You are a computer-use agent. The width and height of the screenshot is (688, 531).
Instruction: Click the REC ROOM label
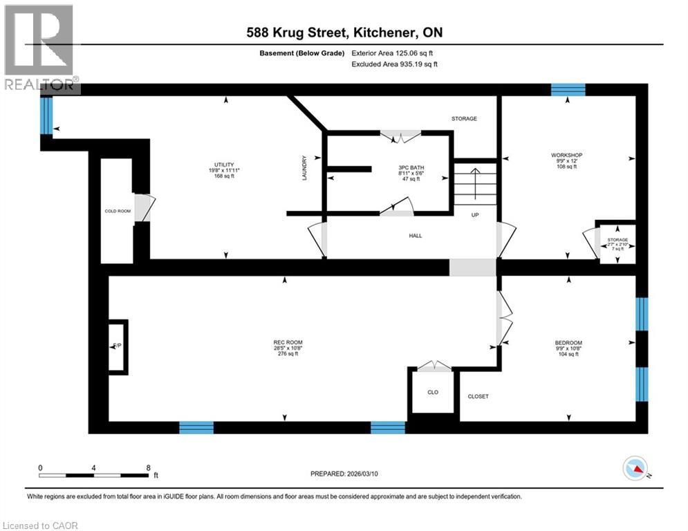tap(288, 343)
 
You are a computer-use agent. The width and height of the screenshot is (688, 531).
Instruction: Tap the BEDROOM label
tap(568, 343)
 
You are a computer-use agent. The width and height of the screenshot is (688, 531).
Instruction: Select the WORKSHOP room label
tap(566, 155)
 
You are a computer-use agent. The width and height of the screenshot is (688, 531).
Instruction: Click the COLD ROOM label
tap(117, 211)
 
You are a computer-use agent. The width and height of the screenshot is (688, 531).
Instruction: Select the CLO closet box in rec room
tap(433, 392)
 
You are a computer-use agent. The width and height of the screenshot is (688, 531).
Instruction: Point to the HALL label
tap(415, 236)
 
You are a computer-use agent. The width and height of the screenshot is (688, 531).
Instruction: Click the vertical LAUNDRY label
tap(304, 168)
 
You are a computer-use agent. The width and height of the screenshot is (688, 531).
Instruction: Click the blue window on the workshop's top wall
tap(568, 89)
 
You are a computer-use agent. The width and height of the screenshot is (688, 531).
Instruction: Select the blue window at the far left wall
tap(46, 115)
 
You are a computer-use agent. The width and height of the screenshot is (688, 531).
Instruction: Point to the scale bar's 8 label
tap(148, 467)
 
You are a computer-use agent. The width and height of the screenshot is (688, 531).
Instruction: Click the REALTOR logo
tap(40, 48)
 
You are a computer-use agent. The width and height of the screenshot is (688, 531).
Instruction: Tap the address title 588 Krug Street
tap(344, 32)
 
